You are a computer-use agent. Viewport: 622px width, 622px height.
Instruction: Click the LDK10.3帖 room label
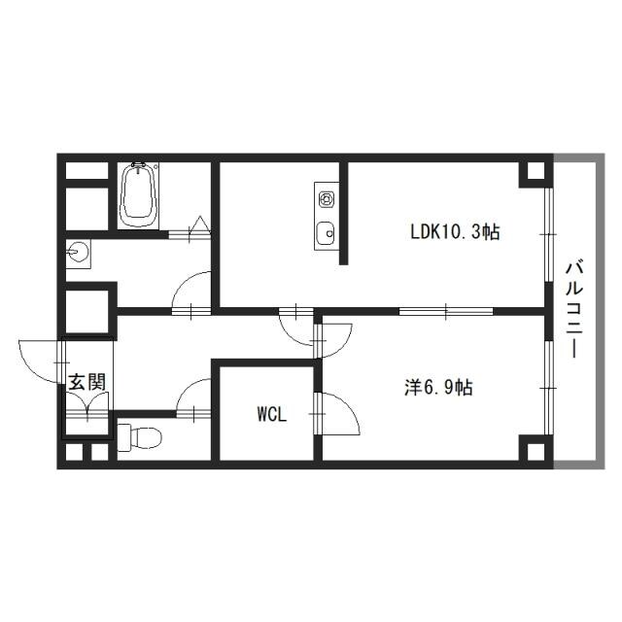coord(455,233)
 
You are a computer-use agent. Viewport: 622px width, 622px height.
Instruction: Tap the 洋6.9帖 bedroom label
coord(439,387)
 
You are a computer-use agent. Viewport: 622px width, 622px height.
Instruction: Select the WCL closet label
coord(271,414)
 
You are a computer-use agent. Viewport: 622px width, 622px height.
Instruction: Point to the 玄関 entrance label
coord(86,382)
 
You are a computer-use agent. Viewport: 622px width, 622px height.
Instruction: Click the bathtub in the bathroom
coord(138,194)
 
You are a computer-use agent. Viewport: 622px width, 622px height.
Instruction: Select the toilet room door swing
coord(193,396)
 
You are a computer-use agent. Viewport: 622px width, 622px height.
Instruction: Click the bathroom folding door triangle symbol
coord(198,225)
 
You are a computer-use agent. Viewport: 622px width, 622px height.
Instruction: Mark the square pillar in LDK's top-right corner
coord(532,174)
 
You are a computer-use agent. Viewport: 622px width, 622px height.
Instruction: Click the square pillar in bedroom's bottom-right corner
coord(532,450)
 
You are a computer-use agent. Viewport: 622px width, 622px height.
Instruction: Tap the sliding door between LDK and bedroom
coord(447,311)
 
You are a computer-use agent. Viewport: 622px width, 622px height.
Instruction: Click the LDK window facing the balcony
coord(547,233)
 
